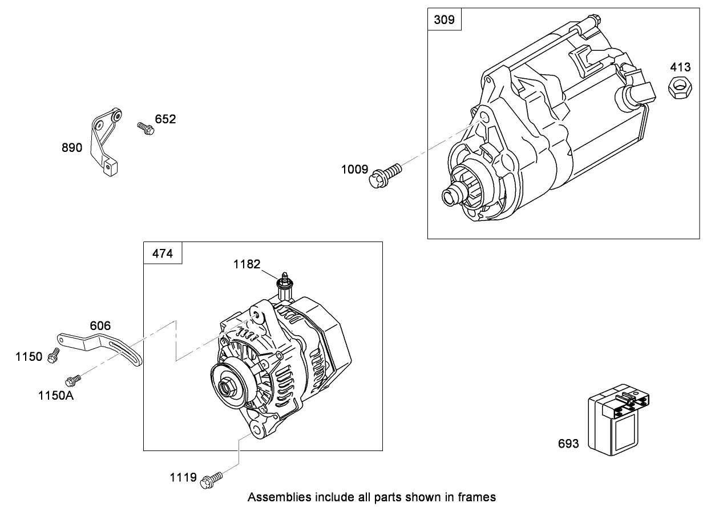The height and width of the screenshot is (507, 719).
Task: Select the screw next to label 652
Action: pos(146,128)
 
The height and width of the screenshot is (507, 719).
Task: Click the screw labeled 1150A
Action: pos(73,379)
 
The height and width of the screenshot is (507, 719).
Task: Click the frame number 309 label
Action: pos(444,20)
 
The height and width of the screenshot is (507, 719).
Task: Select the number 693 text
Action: pos(568,444)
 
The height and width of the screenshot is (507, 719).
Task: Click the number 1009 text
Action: pos(355,169)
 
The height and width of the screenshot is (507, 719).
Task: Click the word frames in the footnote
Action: pos(480,497)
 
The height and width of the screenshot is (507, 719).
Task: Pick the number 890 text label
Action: pos(72,148)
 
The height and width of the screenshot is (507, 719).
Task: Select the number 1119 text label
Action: pos(183,477)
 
